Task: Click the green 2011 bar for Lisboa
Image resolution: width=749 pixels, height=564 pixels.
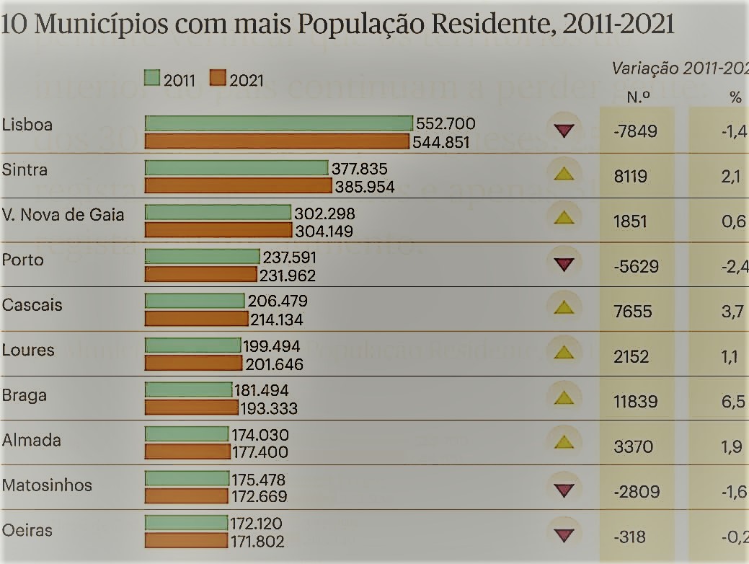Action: click(278, 123)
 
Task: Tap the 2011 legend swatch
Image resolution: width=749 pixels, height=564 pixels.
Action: click(151, 78)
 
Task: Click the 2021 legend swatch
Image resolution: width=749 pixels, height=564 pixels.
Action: click(218, 78)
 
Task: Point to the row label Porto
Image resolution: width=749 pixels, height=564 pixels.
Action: click(23, 260)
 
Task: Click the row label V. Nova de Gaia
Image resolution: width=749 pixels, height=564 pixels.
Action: click(63, 214)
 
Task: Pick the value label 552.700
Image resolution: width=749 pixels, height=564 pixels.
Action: click(446, 124)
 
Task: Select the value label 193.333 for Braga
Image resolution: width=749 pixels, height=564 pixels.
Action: click(268, 408)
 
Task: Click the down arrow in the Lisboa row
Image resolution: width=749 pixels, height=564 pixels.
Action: click(564, 131)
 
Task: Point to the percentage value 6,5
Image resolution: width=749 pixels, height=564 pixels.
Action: click(732, 402)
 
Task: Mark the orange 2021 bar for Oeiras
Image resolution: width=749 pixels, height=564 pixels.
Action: click(186, 540)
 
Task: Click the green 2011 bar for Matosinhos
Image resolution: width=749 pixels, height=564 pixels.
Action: click(187, 477)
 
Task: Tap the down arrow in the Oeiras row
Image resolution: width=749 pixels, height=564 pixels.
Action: click(564, 535)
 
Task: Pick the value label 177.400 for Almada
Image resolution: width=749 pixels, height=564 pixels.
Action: click(260, 453)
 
